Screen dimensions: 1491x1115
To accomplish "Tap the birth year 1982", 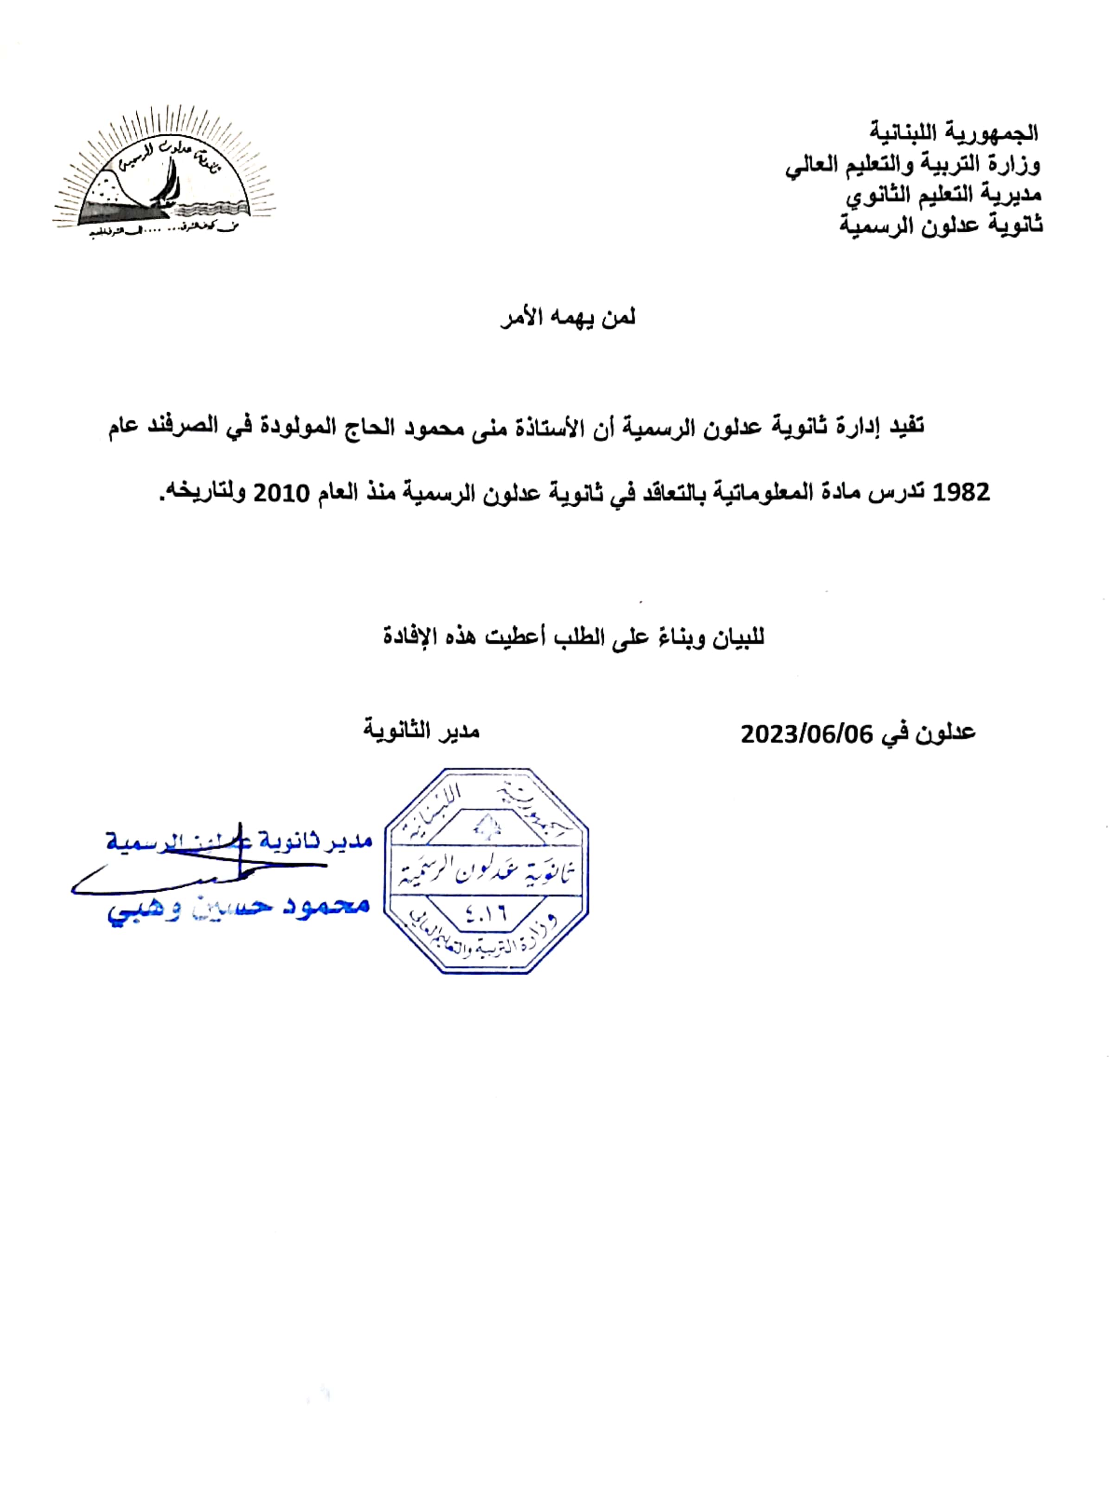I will coord(961,493).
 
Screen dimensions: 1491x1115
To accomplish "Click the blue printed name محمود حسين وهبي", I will coord(239,907).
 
